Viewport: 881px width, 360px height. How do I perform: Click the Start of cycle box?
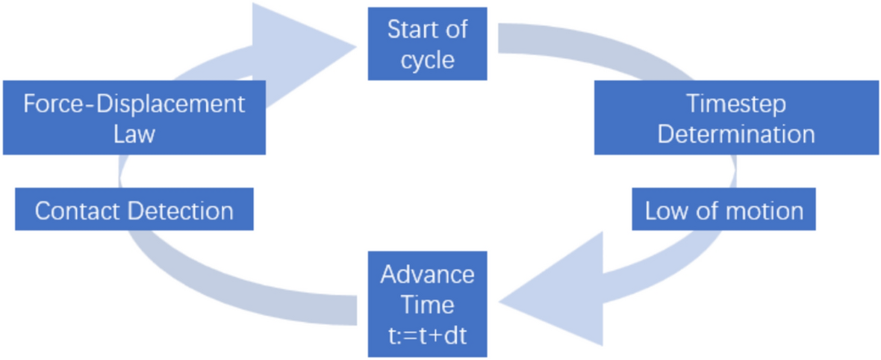[427, 43]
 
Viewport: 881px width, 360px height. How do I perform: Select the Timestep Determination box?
[736, 118]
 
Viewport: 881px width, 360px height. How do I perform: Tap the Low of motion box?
[723, 211]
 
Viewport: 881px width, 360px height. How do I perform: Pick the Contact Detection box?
[134, 210]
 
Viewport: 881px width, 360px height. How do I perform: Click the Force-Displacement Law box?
[134, 118]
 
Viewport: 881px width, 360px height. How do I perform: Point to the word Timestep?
[736, 104]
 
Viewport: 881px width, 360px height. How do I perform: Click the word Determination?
[736, 134]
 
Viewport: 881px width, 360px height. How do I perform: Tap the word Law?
[134, 134]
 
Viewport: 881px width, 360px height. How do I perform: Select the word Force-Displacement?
[134, 104]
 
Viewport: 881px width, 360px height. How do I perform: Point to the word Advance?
[427, 274]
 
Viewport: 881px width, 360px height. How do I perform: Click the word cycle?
[427, 60]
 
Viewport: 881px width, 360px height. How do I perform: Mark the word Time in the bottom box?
[427, 305]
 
